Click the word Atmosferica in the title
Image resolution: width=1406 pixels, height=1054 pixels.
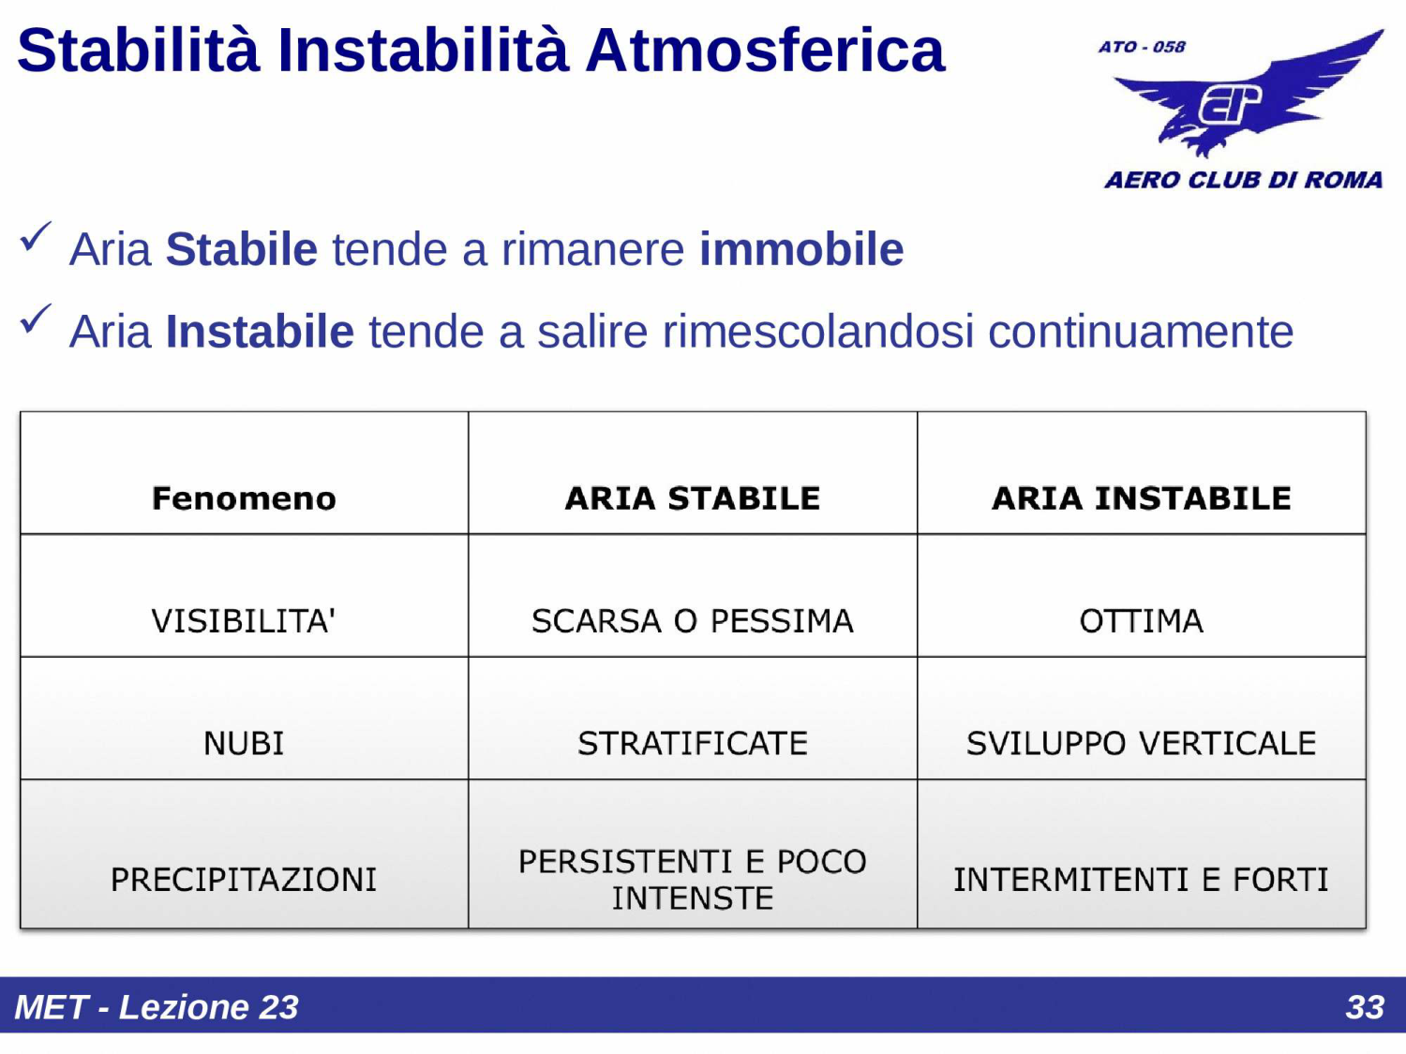765,51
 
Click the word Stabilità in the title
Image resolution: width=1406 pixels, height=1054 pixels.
138,51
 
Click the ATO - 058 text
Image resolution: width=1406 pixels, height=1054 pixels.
1142,47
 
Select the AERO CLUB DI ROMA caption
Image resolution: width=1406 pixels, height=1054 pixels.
1243,180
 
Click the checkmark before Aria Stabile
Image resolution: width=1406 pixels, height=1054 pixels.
36,238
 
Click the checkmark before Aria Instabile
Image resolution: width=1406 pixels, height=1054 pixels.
36,319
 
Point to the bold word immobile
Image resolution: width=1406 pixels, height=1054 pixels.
801,250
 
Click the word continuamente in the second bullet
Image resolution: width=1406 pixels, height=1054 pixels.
1141,332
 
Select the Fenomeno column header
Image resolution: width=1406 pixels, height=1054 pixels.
244,498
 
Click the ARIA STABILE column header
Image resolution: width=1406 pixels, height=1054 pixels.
693,498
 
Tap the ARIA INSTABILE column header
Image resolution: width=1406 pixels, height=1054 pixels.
1141,498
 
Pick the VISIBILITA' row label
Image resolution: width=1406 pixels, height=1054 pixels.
244,621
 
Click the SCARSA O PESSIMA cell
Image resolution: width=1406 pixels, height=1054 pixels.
693,621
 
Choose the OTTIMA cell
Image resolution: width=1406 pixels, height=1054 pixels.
1141,621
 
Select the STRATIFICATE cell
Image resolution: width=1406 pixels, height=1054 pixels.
693,744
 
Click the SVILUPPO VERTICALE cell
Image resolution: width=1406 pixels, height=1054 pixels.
1141,744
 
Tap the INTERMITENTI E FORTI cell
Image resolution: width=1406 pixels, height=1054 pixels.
1141,881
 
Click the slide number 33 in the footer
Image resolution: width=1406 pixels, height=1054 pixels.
1364,1007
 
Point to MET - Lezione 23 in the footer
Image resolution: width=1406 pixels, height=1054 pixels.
157,1007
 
